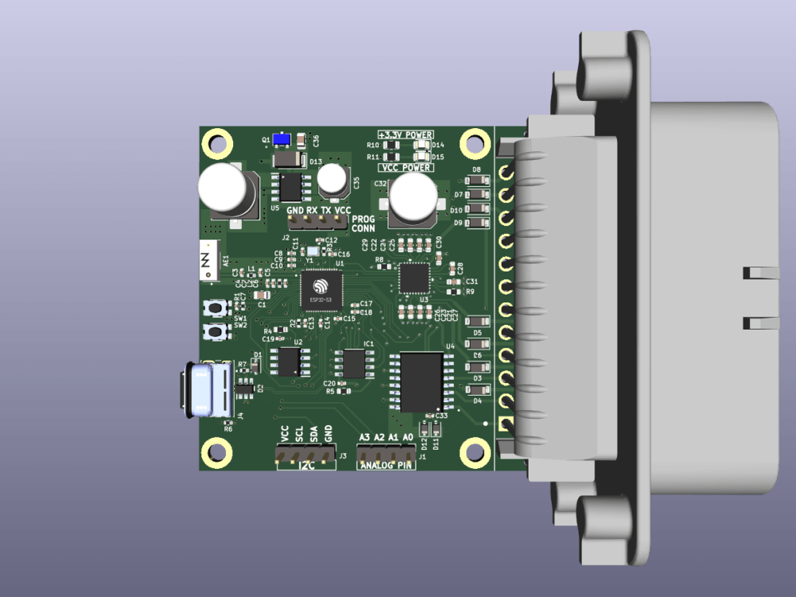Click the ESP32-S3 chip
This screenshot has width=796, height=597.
[321, 290]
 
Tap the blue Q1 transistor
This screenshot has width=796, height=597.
[281, 140]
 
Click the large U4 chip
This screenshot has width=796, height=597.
[420, 382]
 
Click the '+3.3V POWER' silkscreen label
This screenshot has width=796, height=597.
[405, 135]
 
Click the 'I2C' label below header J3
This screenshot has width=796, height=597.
[306, 466]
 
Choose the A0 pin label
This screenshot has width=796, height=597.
[408, 437]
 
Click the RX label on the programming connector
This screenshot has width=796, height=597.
[311, 210]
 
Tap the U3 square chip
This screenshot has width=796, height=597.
[413, 278]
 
